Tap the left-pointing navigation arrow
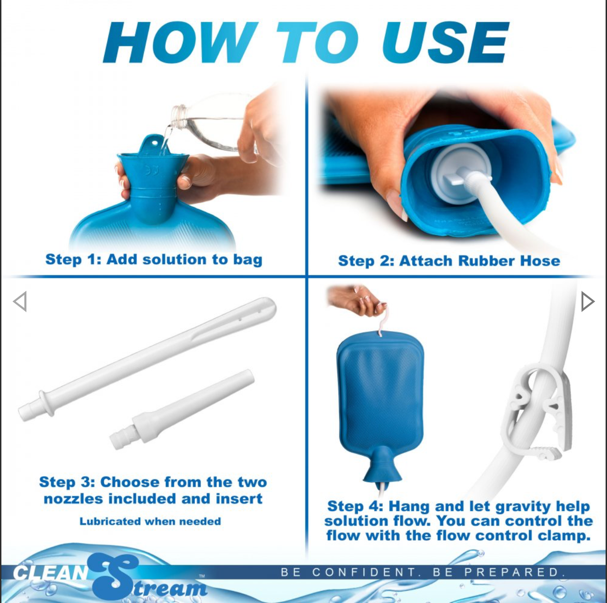(20, 301)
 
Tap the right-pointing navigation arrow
(588, 301)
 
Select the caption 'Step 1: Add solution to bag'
(154, 259)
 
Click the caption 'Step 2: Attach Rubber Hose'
(449, 261)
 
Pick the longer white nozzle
(147, 359)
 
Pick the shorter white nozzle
(182, 409)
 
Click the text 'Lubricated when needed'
(150, 521)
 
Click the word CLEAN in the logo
(51, 573)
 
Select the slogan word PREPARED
(514, 572)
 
